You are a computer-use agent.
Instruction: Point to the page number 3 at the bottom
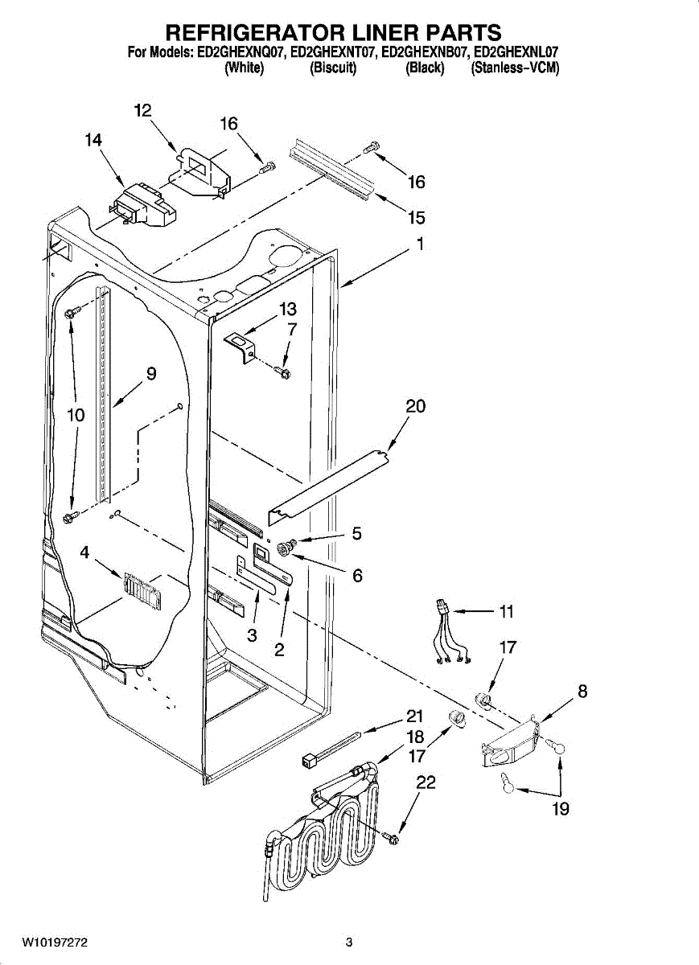[348, 942]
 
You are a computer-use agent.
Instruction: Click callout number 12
[142, 111]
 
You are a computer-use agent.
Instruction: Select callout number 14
[93, 140]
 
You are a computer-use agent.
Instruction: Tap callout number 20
[415, 407]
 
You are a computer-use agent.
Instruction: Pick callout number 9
[151, 374]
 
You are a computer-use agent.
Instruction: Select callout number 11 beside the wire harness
[505, 612]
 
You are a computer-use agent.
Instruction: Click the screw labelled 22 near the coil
[393, 839]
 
